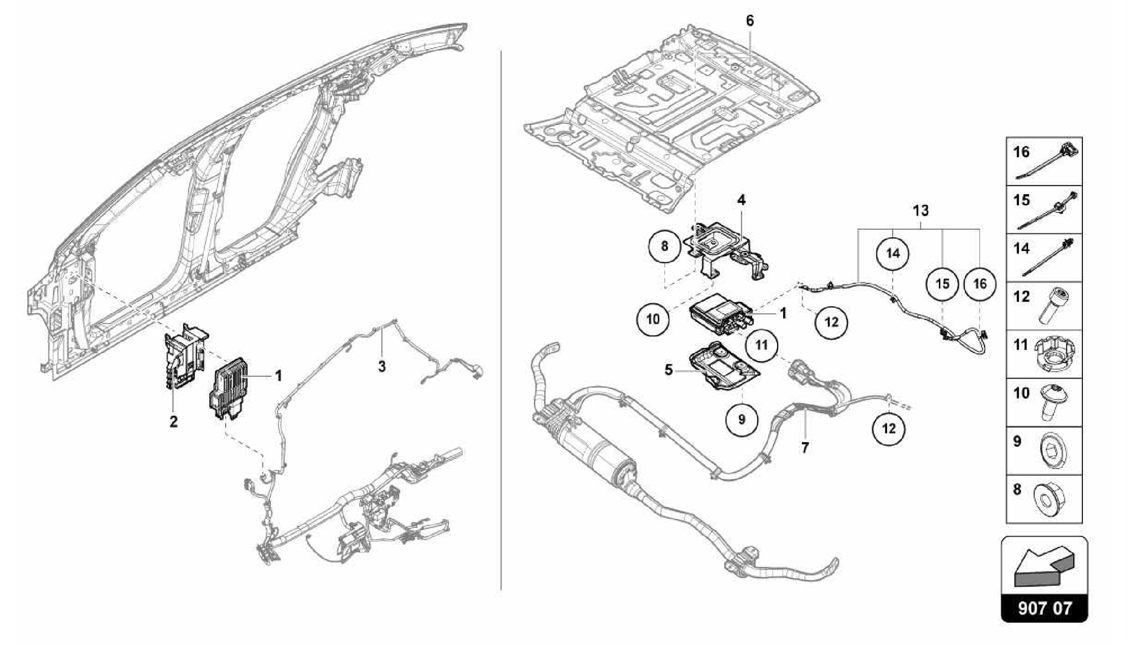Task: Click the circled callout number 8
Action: (x=664, y=246)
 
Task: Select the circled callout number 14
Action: (x=893, y=253)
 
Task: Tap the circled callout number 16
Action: (x=980, y=284)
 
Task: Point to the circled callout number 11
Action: (x=761, y=345)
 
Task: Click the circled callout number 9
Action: (x=741, y=419)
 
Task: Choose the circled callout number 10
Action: (x=653, y=319)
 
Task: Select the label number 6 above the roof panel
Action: (x=749, y=21)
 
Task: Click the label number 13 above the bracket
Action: (x=920, y=211)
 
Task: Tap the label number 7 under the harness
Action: (x=805, y=448)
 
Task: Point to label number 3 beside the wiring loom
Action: (x=382, y=366)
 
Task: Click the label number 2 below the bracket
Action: (x=173, y=422)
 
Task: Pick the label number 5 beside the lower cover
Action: (x=668, y=370)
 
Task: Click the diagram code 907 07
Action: (x=1044, y=608)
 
